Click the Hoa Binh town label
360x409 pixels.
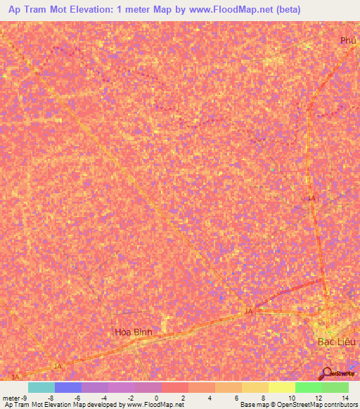[x=134, y=332]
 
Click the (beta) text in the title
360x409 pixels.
[x=288, y=10]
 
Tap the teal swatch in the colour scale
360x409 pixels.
[x=41, y=387]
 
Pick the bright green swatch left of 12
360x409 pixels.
[x=309, y=387]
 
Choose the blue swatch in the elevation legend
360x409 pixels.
[x=68, y=387]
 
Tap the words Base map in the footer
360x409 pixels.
[x=251, y=405]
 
